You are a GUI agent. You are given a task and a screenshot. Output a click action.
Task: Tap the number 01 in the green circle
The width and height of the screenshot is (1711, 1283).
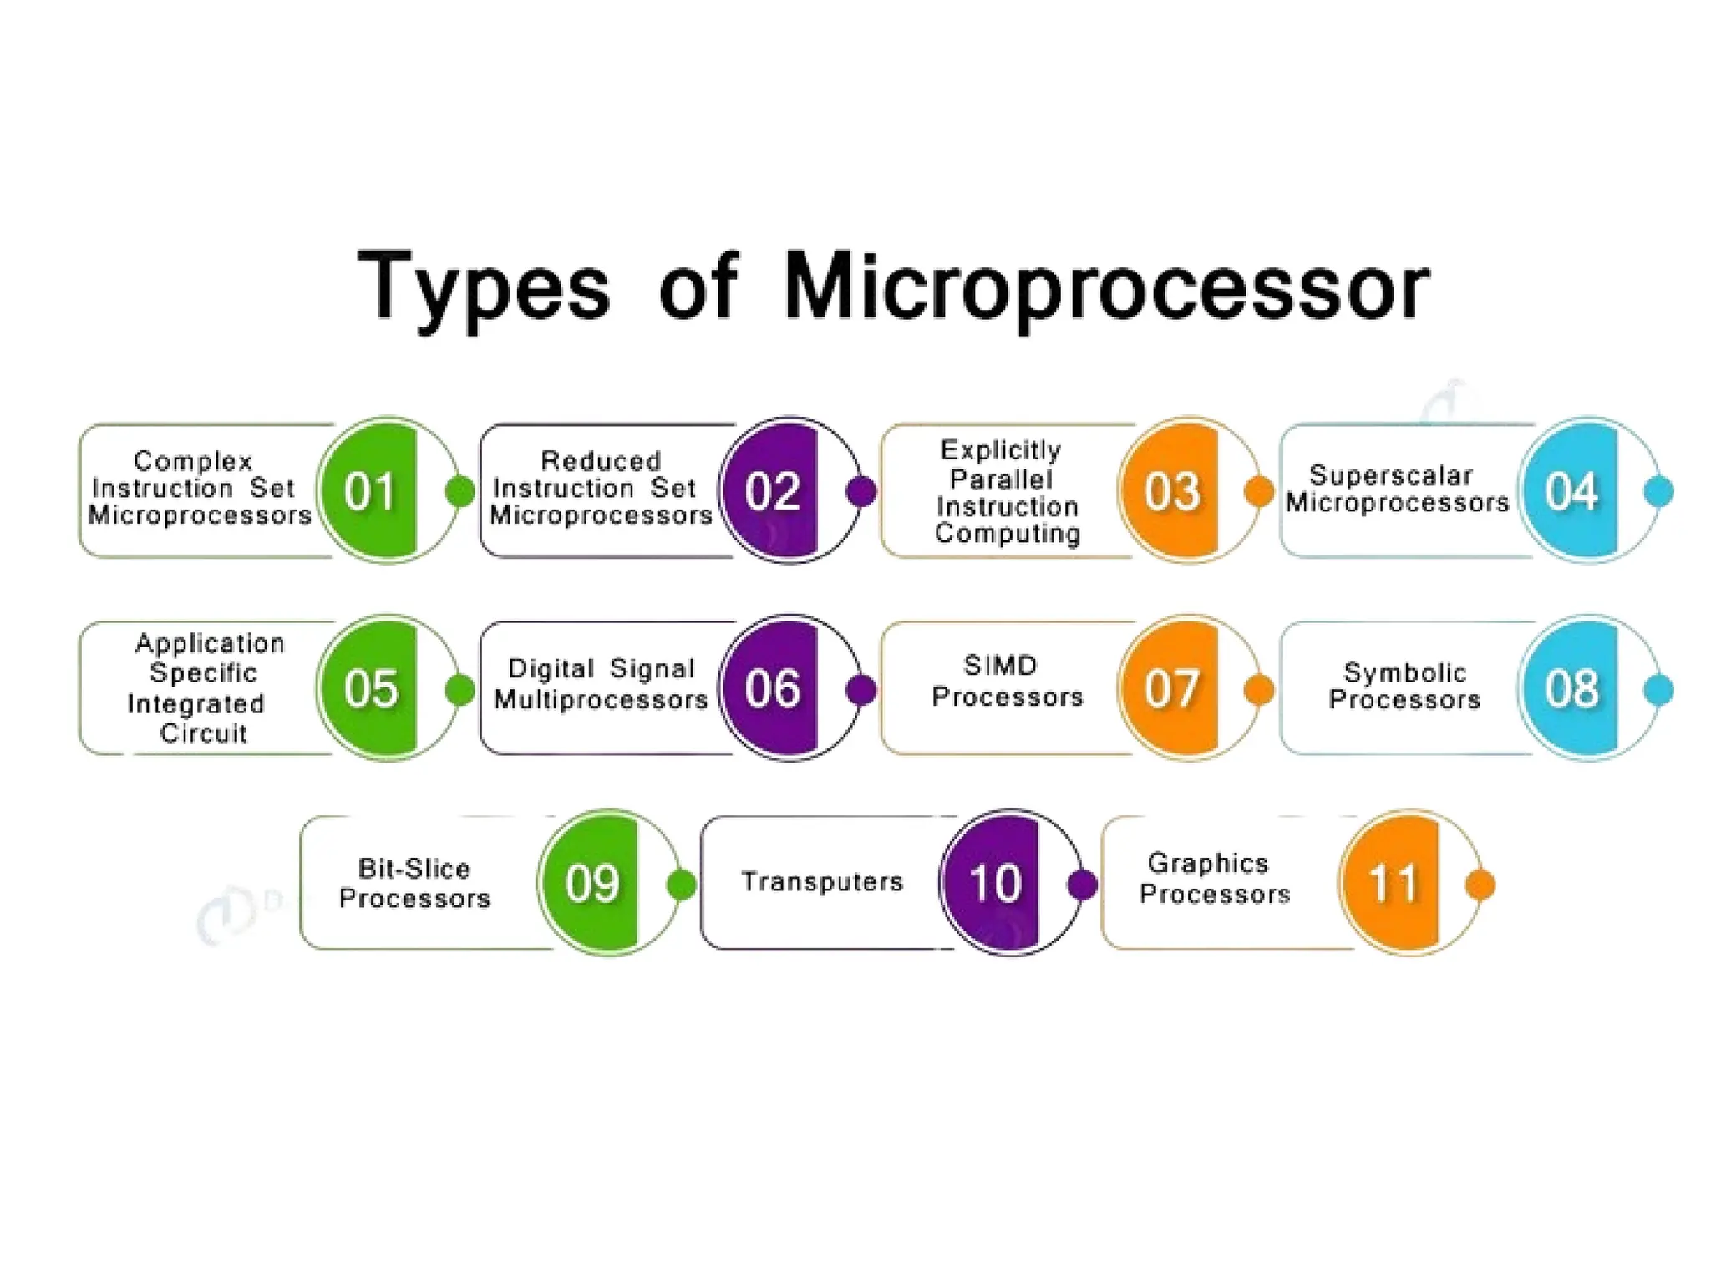pyautogui.click(x=369, y=491)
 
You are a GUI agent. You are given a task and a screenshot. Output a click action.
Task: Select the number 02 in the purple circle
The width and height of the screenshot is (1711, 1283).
pyautogui.click(x=771, y=491)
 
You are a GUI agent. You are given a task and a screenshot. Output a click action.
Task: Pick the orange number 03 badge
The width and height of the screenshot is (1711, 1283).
pyautogui.click(x=1171, y=491)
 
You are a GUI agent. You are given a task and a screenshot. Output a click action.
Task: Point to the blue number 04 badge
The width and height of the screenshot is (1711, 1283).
pyautogui.click(x=1571, y=491)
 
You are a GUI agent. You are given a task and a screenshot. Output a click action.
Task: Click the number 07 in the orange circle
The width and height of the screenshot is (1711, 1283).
pyautogui.click(x=1171, y=689)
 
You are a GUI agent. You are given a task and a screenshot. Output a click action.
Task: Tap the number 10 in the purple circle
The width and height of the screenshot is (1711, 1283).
pyautogui.click(x=994, y=883)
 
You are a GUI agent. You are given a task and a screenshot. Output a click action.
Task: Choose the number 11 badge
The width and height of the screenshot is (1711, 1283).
pyautogui.click(x=1394, y=883)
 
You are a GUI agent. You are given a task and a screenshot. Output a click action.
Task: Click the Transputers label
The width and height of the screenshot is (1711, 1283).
pyautogui.click(x=822, y=882)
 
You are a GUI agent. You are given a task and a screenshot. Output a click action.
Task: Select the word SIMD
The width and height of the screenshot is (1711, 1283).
pyautogui.click(x=1000, y=666)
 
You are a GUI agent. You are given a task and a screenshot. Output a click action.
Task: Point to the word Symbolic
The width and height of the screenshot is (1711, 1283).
pyautogui.click(x=1404, y=672)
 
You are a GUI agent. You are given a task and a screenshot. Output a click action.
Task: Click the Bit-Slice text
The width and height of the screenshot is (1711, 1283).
pyautogui.click(x=414, y=869)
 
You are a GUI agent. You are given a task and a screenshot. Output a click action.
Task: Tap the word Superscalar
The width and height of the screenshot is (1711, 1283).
pyautogui.click(x=1390, y=475)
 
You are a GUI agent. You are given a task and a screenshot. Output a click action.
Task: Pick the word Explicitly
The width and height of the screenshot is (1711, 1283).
pyautogui.click(x=1000, y=450)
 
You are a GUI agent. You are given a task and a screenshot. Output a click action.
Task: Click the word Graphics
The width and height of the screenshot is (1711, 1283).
pyautogui.click(x=1208, y=863)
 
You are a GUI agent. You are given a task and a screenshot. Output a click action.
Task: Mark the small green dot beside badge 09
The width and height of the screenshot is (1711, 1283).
pyautogui.click(x=682, y=885)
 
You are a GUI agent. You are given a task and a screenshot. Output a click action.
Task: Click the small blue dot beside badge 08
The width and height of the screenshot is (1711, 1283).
pyautogui.click(x=1658, y=690)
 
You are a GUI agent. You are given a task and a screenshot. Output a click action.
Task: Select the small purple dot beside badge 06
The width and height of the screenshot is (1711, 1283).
pyautogui.click(x=861, y=690)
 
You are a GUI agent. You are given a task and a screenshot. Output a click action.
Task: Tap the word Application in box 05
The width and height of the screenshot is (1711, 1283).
pyautogui.click(x=210, y=643)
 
